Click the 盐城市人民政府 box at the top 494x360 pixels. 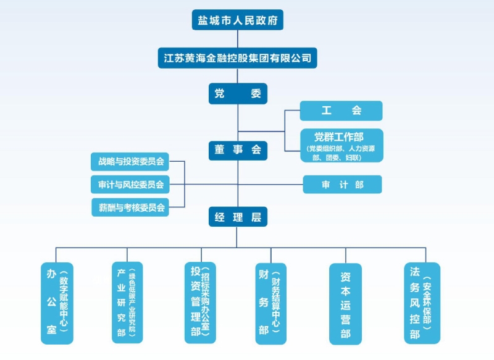pyautogui.click(x=238, y=20)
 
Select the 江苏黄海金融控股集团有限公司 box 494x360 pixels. pyautogui.click(x=238, y=59)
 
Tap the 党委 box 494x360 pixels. pyautogui.click(x=238, y=94)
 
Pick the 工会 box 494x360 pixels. pyautogui.click(x=341, y=111)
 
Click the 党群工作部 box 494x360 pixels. pyautogui.click(x=341, y=145)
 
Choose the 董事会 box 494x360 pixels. pyautogui.click(x=238, y=149)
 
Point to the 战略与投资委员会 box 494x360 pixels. pyautogui.click(x=130, y=162)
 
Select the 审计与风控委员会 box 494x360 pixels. pyautogui.click(x=130, y=184)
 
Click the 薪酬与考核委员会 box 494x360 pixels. pyautogui.click(x=130, y=207)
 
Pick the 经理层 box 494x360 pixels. pyautogui.click(x=238, y=217)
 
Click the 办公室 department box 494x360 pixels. pyautogui.click(x=56, y=303)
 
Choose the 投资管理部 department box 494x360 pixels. pyautogui.click(x=201, y=303)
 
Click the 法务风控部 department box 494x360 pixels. pyautogui.click(x=422, y=303)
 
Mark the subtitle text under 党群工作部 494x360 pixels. pyautogui.click(x=341, y=153)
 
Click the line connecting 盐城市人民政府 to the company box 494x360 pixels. pyautogui.click(x=238, y=38)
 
